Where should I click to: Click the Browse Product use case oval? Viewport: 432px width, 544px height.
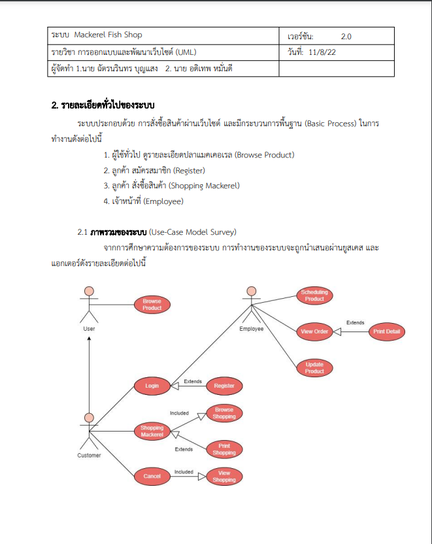pyautogui.click(x=152, y=305)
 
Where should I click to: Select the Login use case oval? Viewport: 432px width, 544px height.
pyautogui.click(x=152, y=386)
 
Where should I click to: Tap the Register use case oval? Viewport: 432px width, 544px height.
pyautogui.click(x=224, y=386)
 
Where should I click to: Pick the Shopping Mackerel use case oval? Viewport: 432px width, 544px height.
pyautogui.click(x=152, y=432)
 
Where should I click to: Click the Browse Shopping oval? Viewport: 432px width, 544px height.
pyautogui.click(x=224, y=413)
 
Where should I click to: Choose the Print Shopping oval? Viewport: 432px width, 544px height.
pyautogui.click(x=224, y=449)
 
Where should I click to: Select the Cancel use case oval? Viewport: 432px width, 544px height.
pyautogui.click(x=152, y=476)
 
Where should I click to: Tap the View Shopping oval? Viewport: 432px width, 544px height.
pyautogui.click(x=224, y=477)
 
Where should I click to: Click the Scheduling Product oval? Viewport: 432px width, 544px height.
pyautogui.click(x=314, y=296)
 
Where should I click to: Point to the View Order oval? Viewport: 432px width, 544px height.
pyautogui.click(x=314, y=332)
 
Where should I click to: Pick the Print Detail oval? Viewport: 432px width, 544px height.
pyautogui.click(x=386, y=332)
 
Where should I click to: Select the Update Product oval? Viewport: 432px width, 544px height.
pyautogui.click(x=314, y=368)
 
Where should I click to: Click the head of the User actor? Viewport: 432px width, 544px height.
pyautogui.click(x=89, y=292)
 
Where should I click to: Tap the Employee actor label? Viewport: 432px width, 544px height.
pyautogui.click(x=252, y=329)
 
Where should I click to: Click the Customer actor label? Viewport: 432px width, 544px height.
pyautogui.click(x=90, y=455)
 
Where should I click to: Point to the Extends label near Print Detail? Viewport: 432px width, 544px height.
pyautogui.click(x=356, y=323)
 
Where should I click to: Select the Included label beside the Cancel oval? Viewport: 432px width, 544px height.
pyautogui.click(x=184, y=471)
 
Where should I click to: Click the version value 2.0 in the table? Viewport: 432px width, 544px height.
pyautogui.click(x=346, y=36)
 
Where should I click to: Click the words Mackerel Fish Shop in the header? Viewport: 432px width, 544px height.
pyautogui.click(x=108, y=35)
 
